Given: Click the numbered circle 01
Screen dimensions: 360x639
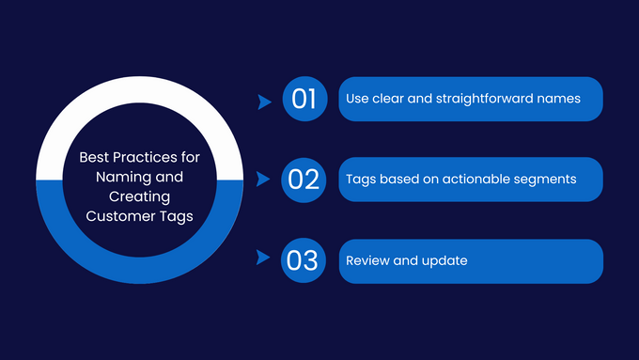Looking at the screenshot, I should [304, 99].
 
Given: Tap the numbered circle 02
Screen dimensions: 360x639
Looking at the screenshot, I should [304, 180].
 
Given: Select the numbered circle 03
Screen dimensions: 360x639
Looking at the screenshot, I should [304, 260].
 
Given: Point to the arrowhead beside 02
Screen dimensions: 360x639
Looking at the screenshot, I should [264, 180].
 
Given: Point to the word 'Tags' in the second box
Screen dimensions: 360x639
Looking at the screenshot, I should [360, 180].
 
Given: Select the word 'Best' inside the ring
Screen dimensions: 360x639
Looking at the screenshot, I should [95, 157].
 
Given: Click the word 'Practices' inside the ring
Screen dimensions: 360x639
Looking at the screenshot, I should [146, 157].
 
